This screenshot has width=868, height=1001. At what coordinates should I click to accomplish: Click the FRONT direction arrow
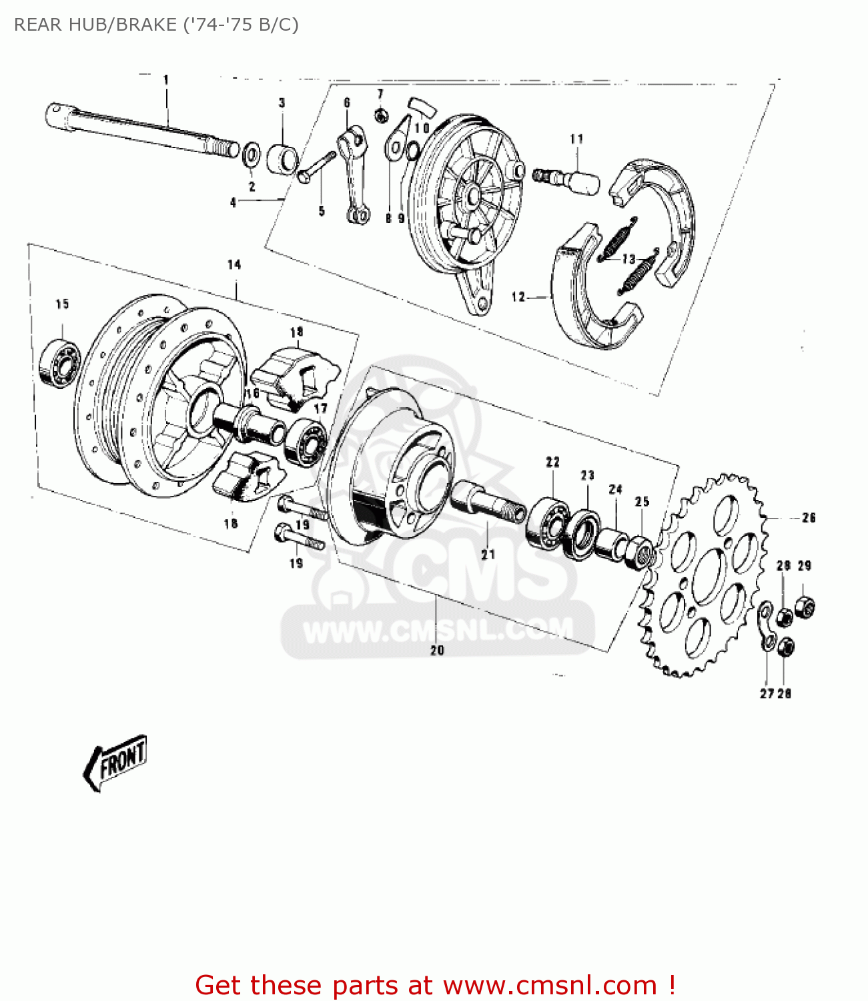click(115, 762)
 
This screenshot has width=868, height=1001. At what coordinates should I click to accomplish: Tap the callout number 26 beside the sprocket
click(809, 517)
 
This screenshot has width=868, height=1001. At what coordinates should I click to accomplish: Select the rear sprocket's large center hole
click(709, 577)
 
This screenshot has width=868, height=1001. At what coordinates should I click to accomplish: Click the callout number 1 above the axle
click(166, 79)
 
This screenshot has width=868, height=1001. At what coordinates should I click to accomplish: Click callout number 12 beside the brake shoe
click(518, 297)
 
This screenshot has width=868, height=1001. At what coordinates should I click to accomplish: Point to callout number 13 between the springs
click(628, 258)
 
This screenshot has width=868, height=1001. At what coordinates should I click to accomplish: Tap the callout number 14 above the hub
click(234, 265)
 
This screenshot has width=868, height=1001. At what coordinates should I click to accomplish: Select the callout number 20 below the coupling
click(437, 650)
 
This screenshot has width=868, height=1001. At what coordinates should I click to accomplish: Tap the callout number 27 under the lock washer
click(766, 693)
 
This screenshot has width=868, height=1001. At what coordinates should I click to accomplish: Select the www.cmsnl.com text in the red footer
click(550, 985)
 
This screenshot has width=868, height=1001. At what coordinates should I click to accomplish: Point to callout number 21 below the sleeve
click(488, 554)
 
